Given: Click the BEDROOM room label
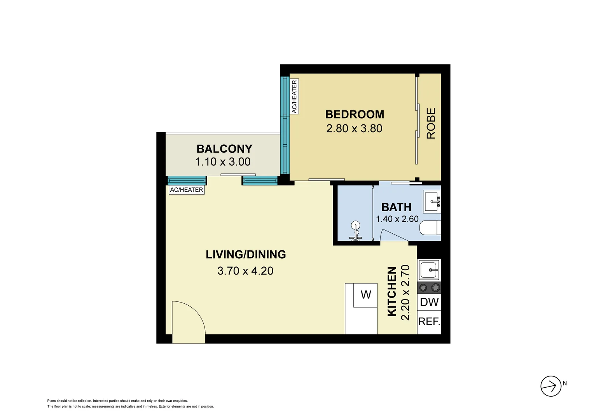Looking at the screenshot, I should pyautogui.click(x=355, y=114).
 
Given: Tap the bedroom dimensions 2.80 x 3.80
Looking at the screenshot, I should pyautogui.click(x=354, y=128).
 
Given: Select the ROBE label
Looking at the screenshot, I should pyautogui.click(x=431, y=123).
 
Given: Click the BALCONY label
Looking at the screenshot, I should pyautogui.click(x=224, y=149).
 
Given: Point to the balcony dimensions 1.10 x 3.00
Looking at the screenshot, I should pyautogui.click(x=223, y=162).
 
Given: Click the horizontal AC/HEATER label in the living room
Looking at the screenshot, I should pyautogui.click(x=186, y=190).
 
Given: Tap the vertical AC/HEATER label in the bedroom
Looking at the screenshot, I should pyautogui.click(x=294, y=96).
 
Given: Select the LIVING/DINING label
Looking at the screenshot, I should pyautogui.click(x=246, y=254).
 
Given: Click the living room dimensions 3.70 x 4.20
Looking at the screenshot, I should pyautogui.click(x=245, y=271).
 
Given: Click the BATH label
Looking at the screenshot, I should pyautogui.click(x=396, y=207).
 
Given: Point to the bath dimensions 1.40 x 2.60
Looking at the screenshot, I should pyautogui.click(x=397, y=219).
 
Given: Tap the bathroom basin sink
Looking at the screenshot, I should pyautogui.click(x=432, y=202).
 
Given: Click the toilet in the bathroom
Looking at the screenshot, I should pyautogui.click(x=430, y=228).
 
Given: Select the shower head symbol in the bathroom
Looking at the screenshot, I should pyautogui.click(x=355, y=226).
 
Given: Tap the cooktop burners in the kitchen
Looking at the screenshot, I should pyautogui.click(x=429, y=288).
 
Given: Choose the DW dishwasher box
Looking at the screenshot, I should pyautogui.click(x=429, y=302).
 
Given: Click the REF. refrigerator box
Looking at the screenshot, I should pyautogui.click(x=429, y=322).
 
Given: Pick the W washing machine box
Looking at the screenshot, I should pyautogui.click(x=365, y=295).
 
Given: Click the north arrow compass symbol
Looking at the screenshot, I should pyautogui.click(x=551, y=386).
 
